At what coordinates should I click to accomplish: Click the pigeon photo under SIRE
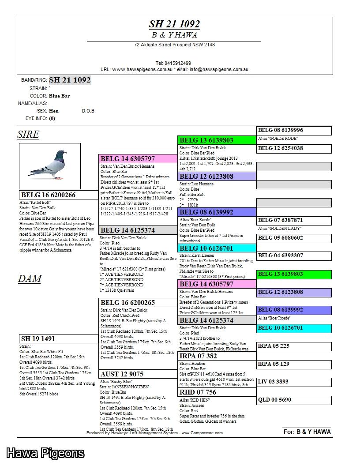click(x=50, y=166)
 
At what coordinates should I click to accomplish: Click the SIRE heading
click(x=28, y=135)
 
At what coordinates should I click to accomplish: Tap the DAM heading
click(x=30, y=278)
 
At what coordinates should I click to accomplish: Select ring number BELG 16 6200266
click(x=49, y=195)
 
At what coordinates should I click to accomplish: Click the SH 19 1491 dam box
click(x=38, y=339)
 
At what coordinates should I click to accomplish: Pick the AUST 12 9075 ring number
click(x=122, y=374)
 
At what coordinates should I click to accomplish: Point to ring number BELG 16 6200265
click(x=127, y=303)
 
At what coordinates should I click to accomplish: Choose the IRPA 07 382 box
click(x=199, y=356)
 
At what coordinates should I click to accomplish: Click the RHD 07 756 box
click(x=198, y=392)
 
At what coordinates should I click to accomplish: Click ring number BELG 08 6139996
click(x=281, y=130)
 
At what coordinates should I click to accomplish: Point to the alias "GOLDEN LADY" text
click(x=280, y=229)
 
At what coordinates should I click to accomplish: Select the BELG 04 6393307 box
click(x=281, y=256)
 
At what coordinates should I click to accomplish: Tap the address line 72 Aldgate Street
click(x=174, y=45)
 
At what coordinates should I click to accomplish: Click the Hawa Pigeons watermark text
click(x=45, y=453)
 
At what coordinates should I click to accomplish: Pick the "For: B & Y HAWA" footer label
click(x=307, y=432)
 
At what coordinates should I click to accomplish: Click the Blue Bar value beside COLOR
click(x=59, y=96)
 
